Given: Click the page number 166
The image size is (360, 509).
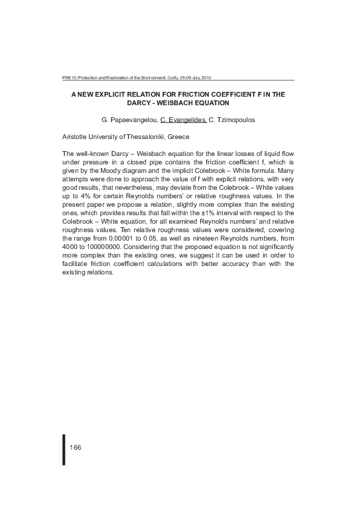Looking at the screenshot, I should (x=76, y=447).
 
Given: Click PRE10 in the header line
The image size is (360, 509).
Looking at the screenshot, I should (x=68, y=78).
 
